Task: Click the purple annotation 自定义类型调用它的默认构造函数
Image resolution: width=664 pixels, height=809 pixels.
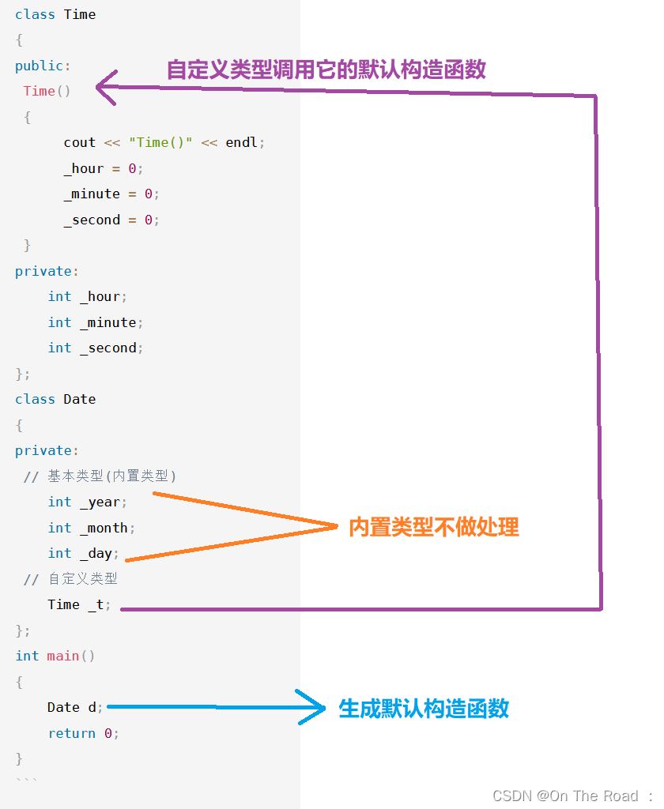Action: (326, 70)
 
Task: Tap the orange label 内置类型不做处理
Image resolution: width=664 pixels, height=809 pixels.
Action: (434, 527)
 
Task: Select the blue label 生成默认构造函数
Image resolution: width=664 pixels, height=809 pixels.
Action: (424, 708)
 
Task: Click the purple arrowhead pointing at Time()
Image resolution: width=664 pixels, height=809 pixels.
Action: (106, 88)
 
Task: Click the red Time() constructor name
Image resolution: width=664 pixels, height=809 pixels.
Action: (40, 91)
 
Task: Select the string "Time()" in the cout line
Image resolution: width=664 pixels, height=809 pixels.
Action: (160, 142)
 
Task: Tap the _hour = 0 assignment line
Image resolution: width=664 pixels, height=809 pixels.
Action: (104, 168)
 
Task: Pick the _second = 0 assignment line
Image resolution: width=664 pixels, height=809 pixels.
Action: (111, 220)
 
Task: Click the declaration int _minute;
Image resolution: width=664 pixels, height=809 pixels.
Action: (95, 322)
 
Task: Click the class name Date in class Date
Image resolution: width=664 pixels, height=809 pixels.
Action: (80, 399)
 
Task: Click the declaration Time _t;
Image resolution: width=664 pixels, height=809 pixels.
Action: (79, 604)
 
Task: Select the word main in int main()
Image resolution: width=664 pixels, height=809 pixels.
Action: (63, 656)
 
